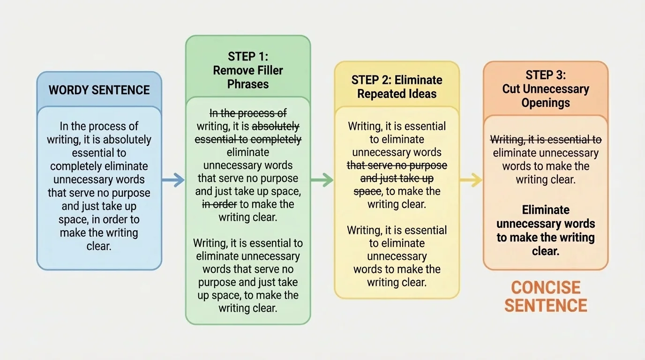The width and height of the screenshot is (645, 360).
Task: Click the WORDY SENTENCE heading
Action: point(99,90)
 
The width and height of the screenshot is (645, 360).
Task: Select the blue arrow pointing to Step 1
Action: point(173,180)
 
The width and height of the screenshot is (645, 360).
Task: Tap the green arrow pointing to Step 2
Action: point(322,180)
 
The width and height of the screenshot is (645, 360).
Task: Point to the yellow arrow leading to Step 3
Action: point(471,180)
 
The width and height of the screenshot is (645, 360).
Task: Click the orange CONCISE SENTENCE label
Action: point(546,296)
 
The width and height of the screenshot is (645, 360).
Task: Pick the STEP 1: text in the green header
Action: point(248,57)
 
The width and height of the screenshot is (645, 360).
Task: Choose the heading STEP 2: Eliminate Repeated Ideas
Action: point(397,86)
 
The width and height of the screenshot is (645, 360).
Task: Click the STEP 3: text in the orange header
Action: point(546,75)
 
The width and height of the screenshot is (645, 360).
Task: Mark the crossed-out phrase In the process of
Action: point(248,113)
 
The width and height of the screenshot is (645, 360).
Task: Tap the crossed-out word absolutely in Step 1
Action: point(276,126)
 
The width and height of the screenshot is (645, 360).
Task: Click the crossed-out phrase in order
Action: point(219,204)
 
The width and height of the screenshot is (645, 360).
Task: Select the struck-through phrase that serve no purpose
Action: point(397,165)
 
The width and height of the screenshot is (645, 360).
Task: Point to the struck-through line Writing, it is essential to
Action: point(546,140)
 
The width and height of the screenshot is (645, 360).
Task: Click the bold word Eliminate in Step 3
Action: point(546,210)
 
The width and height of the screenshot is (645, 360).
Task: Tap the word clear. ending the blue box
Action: point(99,246)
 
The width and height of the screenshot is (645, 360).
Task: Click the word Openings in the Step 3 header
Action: point(546,103)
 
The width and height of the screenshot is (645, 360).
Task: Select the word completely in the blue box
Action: point(75,166)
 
